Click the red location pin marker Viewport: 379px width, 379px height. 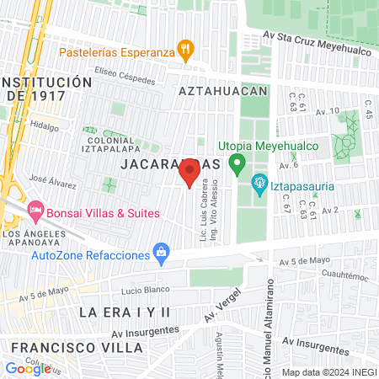pyautogui.click(x=189, y=173)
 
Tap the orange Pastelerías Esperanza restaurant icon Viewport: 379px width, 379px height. pyautogui.click(x=186, y=50)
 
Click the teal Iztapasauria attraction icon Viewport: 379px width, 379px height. pyautogui.click(x=259, y=181)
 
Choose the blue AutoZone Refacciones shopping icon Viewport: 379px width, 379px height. pyautogui.click(x=160, y=252)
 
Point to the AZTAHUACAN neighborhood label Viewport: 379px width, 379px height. pyautogui.click(x=222, y=90)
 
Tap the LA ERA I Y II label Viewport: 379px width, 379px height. pyautogui.click(x=125, y=312)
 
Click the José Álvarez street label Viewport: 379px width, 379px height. pyautogui.click(x=51, y=179)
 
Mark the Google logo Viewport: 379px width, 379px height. pyautogui.click(x=28, y=368)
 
